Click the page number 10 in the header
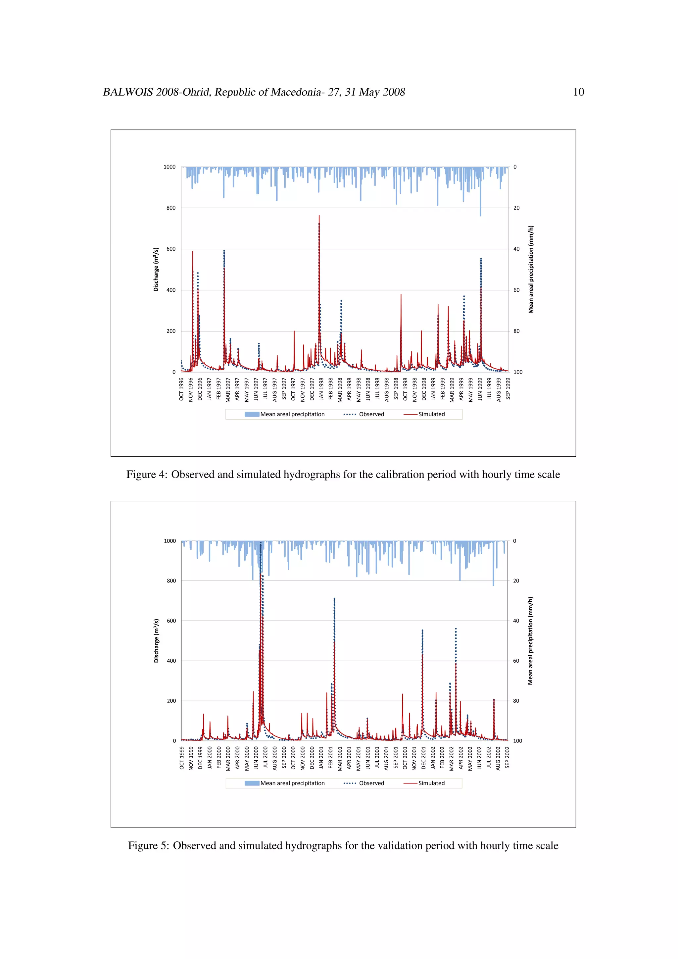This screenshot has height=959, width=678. pos(578,92)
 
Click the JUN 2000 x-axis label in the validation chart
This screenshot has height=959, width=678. pos(256,758)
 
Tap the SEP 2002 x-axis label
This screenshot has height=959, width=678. pos(508,758)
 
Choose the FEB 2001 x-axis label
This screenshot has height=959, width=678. pos(331,758)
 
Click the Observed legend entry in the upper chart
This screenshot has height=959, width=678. pos(364,414)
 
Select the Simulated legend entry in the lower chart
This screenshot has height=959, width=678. pos(425,783)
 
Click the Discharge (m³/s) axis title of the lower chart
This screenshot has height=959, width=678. pos(157,641)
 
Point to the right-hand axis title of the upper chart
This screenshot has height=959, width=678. pos(531,270)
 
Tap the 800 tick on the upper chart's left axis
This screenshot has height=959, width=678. pos(171,208)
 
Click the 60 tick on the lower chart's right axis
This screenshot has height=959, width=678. pos(516,661)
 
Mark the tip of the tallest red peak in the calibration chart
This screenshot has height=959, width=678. pos(319,216)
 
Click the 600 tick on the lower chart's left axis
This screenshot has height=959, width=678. pos(171,621)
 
